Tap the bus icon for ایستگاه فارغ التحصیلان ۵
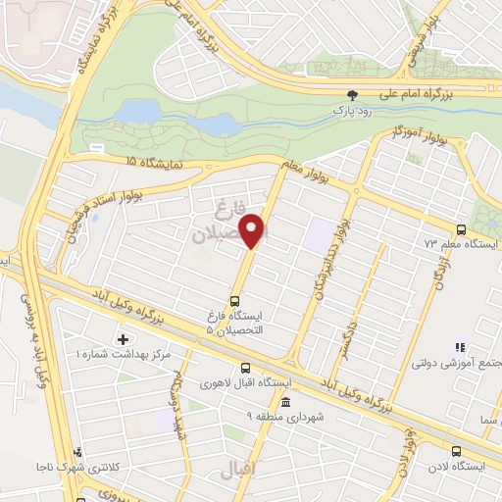pyautogui.click(x=234, y=301)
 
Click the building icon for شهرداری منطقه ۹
pyautogui.click(x=285, y=402)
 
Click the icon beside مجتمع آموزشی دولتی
pyautogui.click(x=457, y=346)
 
